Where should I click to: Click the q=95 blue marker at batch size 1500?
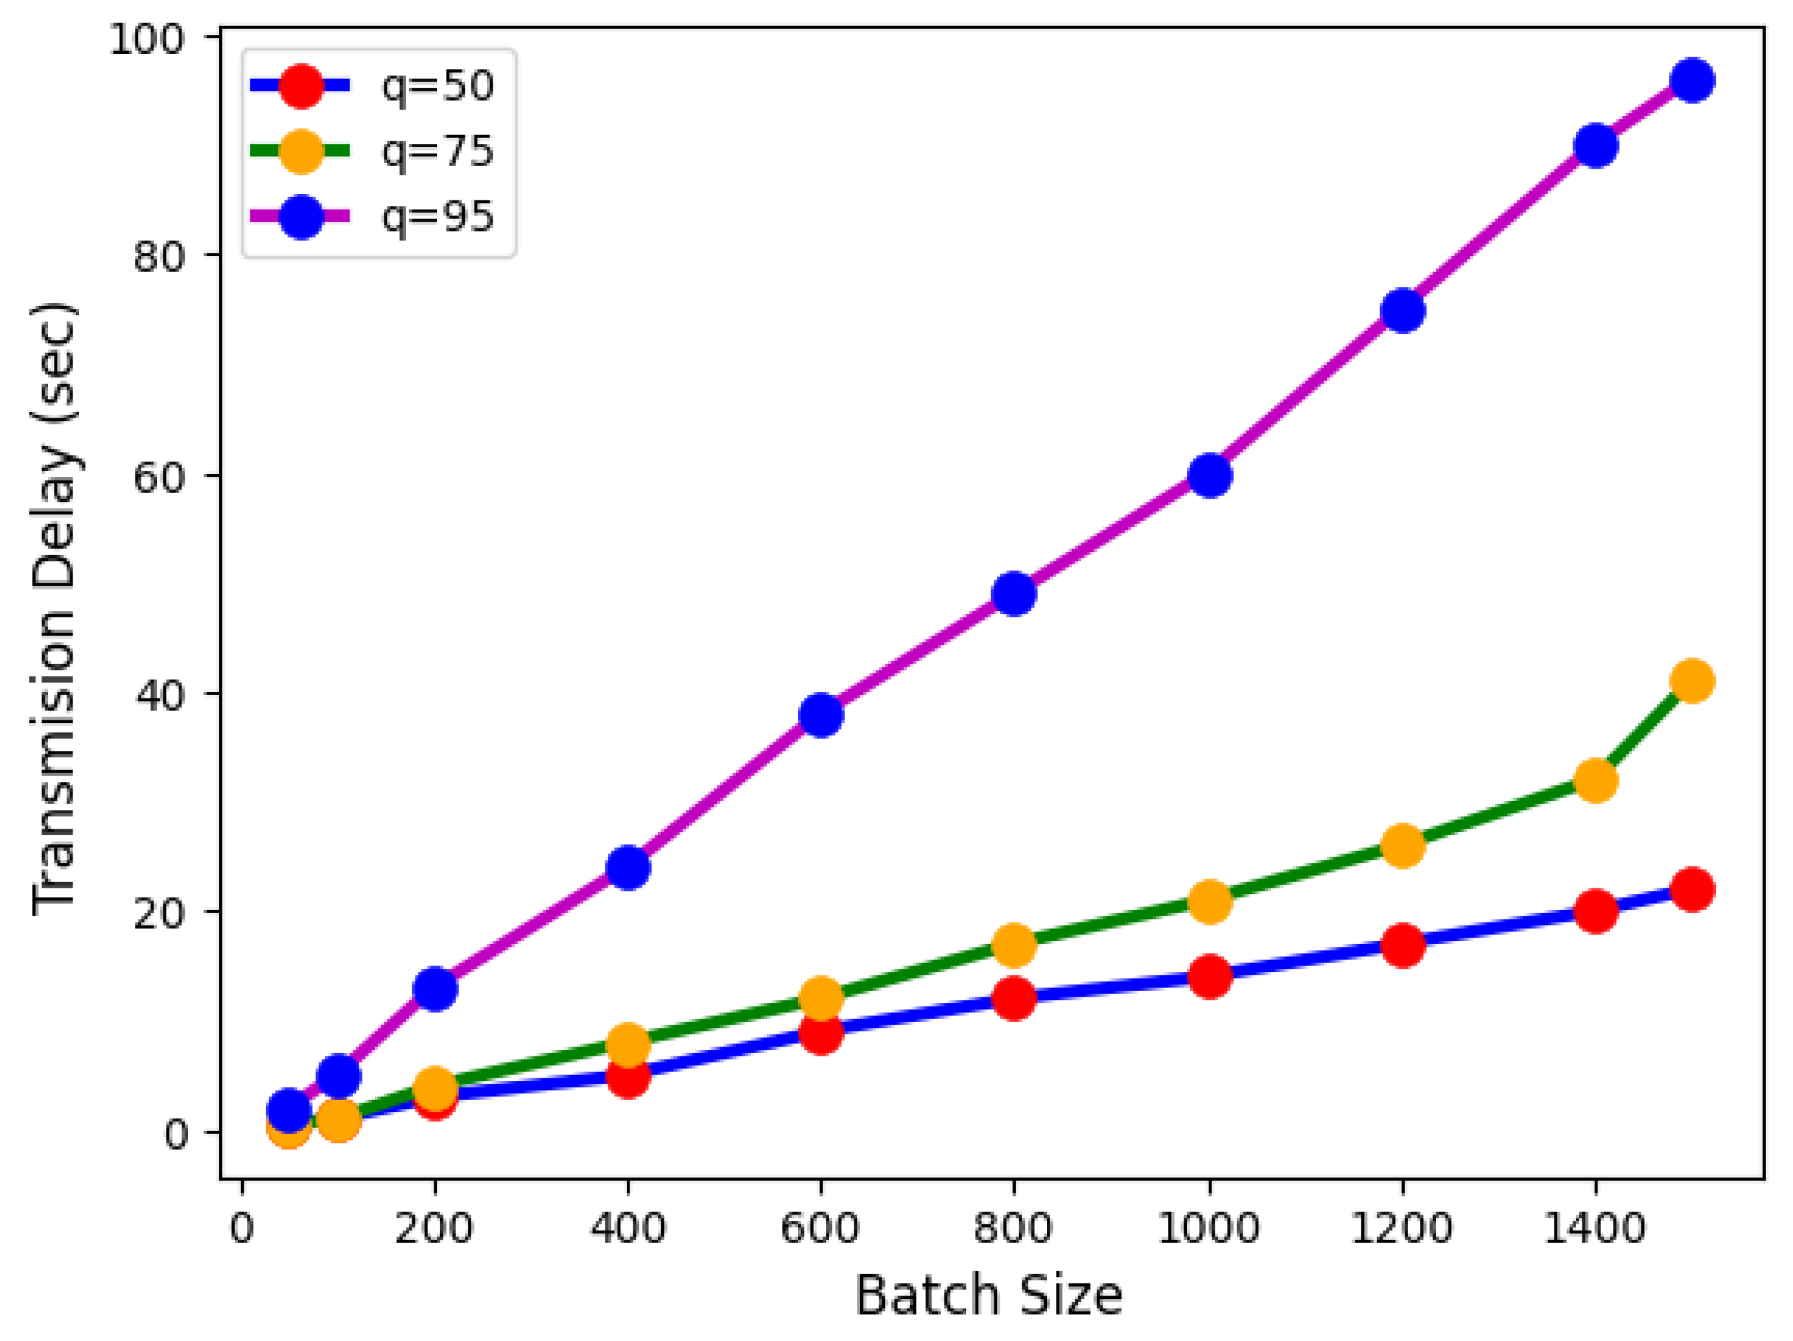click(x=1693, y=80)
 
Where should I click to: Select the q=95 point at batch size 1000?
click(x=1210, y=475)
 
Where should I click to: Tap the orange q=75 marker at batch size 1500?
click(x=1693, y=680)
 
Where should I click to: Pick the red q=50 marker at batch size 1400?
click(x=1596, y=910)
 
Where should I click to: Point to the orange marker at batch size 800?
click(x=1014, y=945)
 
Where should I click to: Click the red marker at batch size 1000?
click(x=1210, y=976)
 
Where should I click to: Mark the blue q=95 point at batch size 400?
click(x=628, y=868)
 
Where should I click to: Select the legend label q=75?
click(x=438, y=151)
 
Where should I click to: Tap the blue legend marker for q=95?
click(x=301, y=217)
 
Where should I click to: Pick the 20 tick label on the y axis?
click(x=159, y=914)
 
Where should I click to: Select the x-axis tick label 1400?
click(x=1595, y=1228)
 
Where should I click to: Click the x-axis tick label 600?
click(x=819, y=1228)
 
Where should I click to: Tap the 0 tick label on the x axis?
click(x=242, y=1228)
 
